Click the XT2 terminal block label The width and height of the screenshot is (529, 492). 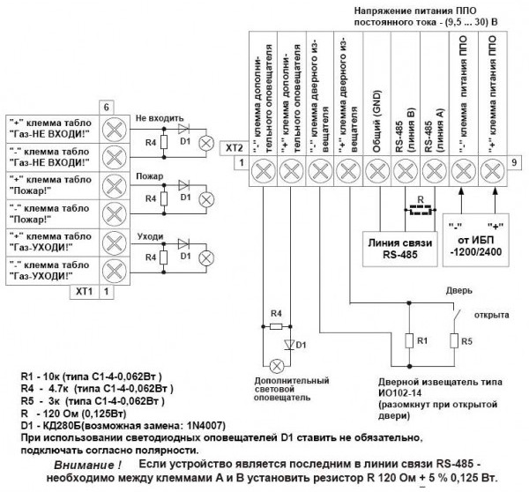(x=235, y=147)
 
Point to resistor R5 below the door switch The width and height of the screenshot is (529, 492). (x=454, y=341)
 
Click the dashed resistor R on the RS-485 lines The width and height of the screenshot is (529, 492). (x=420, y=210)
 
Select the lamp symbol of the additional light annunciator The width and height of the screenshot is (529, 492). (x=276, y=365)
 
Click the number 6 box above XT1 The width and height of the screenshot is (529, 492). (x=106, y=108)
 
